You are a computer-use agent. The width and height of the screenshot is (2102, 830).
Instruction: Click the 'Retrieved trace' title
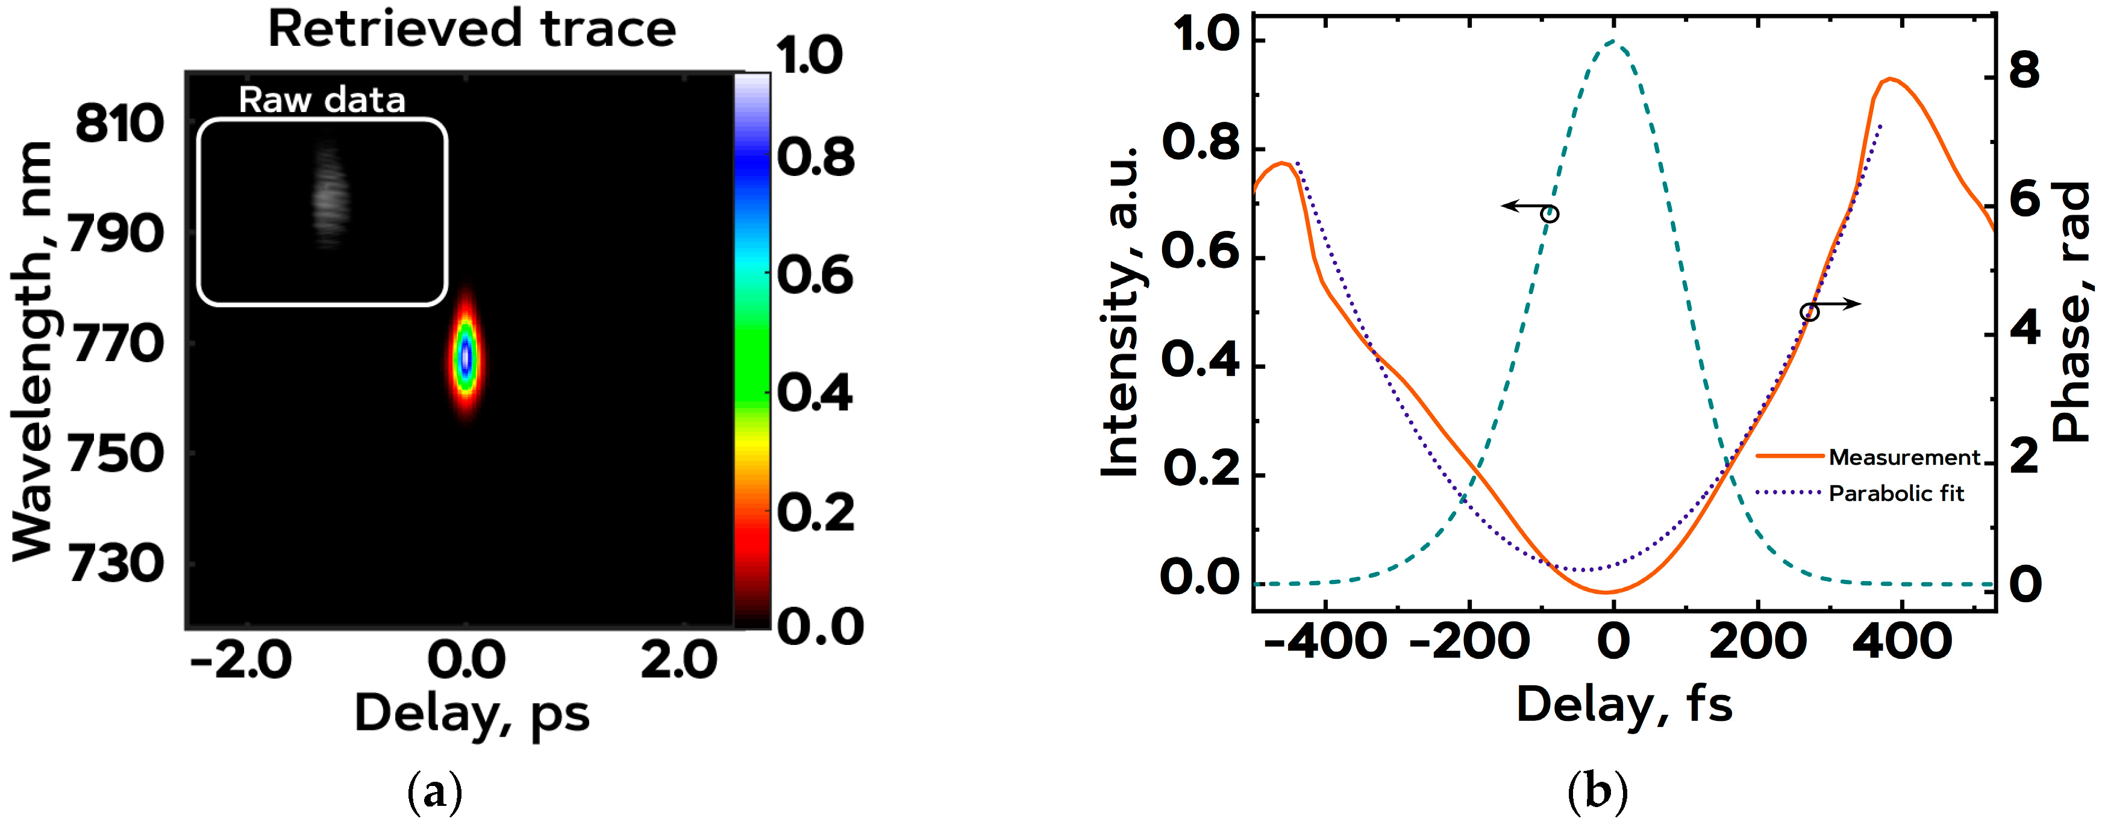pos(472,30)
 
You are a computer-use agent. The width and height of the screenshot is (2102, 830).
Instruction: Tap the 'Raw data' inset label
pos(322,101)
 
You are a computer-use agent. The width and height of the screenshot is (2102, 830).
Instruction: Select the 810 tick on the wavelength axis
pos(119,124)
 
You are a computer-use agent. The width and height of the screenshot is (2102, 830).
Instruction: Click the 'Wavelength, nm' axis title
pos(32,351)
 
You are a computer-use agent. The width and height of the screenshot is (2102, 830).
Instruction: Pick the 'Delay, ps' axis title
pos(472,713)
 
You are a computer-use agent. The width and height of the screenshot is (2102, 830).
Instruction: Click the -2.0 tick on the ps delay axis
pos(241,659)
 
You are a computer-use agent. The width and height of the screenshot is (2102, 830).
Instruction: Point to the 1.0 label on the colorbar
pos(809,56)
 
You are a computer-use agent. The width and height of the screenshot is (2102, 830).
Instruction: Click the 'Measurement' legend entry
pos(1904,457)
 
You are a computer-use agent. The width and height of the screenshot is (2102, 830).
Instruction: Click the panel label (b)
pos(1597,791)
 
